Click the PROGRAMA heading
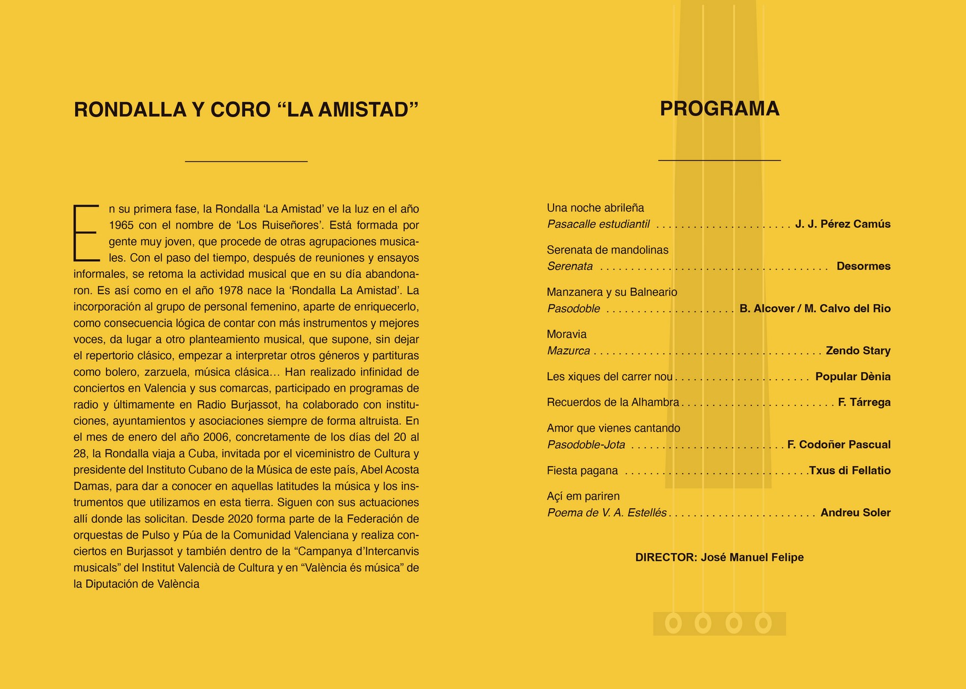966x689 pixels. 719,109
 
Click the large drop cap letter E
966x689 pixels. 86,233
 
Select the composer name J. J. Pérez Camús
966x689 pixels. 842,224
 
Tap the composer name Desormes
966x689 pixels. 863,266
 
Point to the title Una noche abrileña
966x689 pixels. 595,208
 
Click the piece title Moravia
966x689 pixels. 566,334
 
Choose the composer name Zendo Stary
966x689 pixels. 858,351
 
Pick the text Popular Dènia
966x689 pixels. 852,377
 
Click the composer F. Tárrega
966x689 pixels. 864,402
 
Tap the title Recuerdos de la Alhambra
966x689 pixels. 613,402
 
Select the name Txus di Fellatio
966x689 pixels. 850,471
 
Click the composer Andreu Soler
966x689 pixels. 855,513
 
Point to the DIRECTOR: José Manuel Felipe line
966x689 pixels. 719,557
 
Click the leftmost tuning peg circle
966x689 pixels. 673,624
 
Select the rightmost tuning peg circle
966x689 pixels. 763,624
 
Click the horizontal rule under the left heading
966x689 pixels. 246,161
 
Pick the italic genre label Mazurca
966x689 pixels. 569,351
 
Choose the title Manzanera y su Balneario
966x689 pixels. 612,292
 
